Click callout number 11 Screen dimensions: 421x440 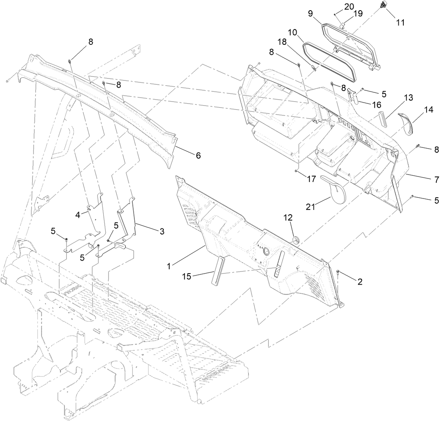click(x=400, y=22)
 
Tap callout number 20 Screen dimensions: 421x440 click(x=349, y=7)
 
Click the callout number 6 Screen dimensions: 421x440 click(x=198, y=156)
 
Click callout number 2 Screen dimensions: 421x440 click(x=359, y=281)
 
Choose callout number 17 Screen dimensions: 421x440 click(x=312, y=179)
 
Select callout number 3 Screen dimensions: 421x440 click(x=161, y=232)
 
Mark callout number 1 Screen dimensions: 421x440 click(x=169, y=266)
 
